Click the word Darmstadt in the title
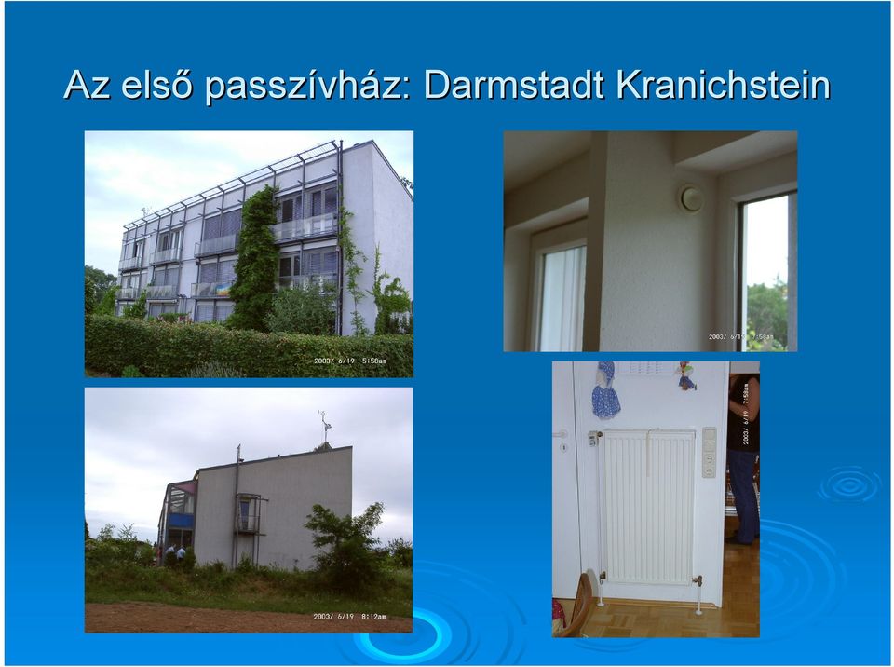coord(514,85)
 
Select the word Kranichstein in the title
coord(723,85)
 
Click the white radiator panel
coord(649,507)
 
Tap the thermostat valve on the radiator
coord(595,438)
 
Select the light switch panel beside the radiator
coord(709,453)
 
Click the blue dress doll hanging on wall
coord(605,390)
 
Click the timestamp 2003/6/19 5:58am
coord(350,361)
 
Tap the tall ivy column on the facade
coord(255,258)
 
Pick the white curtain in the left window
coord(562,298)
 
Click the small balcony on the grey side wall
coord(250,513)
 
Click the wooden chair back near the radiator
coord(577,605)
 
